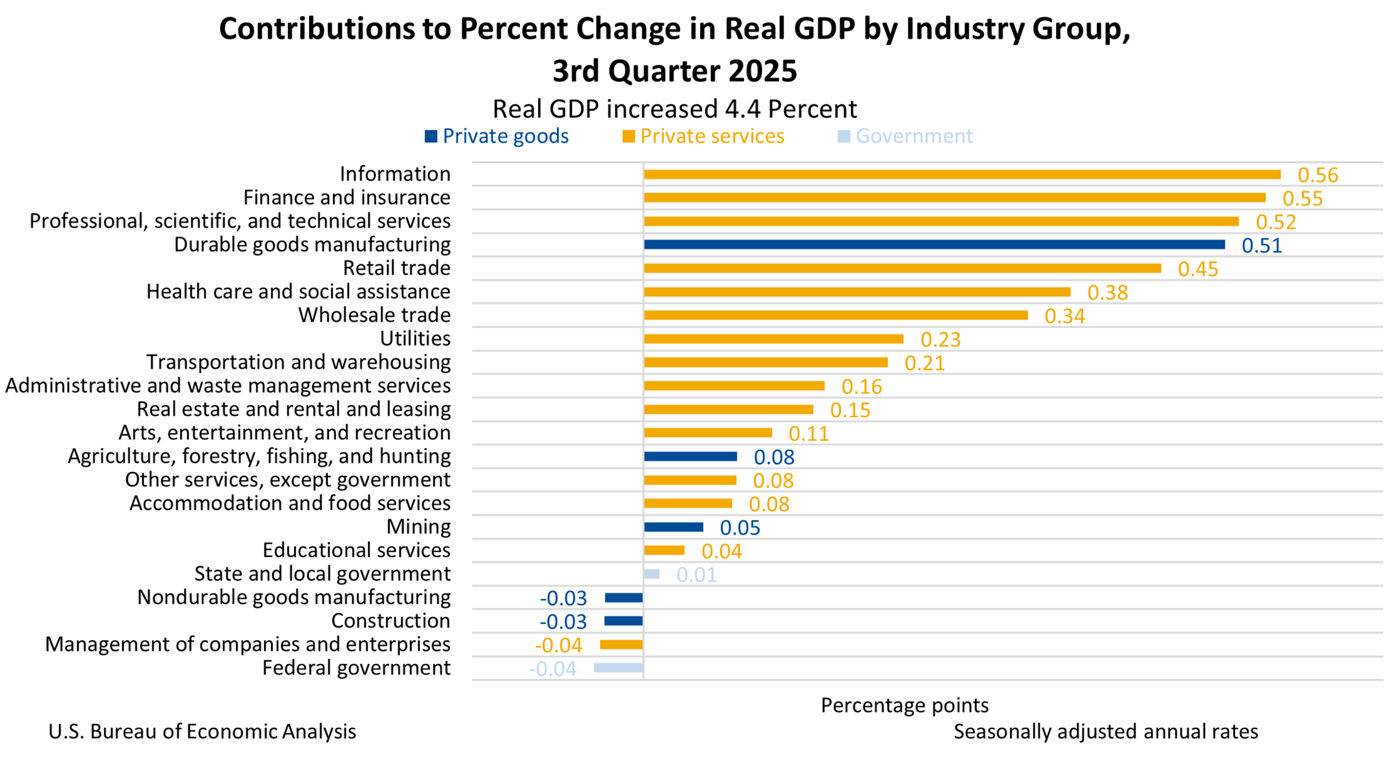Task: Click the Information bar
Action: (961, 175)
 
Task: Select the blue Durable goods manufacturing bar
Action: (934, 245)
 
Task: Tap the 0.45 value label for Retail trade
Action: (1198, 269)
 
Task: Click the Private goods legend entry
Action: (497, 137)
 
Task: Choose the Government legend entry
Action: (905, 137)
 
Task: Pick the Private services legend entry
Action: (703, 137)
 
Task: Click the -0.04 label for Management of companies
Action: (559, 645)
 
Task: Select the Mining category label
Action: (418, 527)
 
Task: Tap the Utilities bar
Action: (773, 339)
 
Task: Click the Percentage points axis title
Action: (904, 705)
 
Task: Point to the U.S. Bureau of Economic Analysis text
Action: (202, 732)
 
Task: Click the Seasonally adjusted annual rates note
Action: (1105, 732)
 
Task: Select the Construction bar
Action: (623, 622)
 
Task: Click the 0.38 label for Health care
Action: (1107, 293)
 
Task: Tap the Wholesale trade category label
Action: (374, 315)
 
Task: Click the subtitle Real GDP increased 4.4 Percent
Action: (674, 109)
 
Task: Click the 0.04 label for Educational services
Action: (721, 552)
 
